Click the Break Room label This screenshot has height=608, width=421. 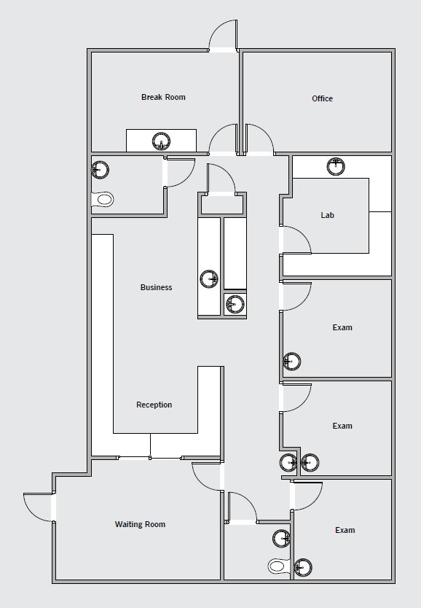tap(163, 97)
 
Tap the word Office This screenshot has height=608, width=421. tap(322, 98)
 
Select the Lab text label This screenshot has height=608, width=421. tap(327, 215)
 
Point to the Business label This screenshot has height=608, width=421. tap(156, 287)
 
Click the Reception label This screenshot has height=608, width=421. tap(154, 405)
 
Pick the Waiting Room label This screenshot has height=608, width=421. tap(140, 524)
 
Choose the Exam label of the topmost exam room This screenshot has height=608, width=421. tap(342, 327)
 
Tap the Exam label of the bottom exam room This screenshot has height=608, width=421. tap(345, 530)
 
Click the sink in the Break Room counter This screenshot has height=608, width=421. tap(161, 141)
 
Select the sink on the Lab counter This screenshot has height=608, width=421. tap(336, 166)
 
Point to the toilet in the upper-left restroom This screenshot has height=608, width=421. tap(104, 198)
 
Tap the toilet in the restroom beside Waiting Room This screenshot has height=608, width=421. tap(278, 565)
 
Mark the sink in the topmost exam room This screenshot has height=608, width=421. tap(291, 361)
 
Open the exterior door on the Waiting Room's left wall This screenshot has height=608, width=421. tap(39, 507)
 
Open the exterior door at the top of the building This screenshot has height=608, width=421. tap(223, 35)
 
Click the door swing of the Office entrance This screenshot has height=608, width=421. tap(259, 139)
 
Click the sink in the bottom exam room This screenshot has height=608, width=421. tap(302, 566)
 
